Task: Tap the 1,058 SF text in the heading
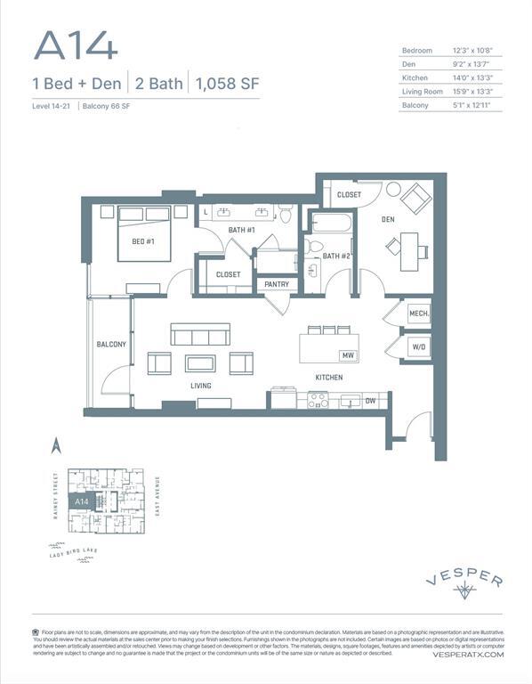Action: coord(226,85)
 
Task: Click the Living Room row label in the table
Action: coord(422,91)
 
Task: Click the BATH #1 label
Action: coord(241,231)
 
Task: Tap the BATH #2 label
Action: coord(336,256)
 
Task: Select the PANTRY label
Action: coord(277,285)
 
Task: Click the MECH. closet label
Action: coord(418,314)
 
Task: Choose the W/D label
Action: coord(418,347)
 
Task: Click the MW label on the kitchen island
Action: coord(348,355)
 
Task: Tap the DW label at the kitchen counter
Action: coord(370,402)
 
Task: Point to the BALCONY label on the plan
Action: coord(111,344)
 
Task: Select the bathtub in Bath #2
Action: coord(332,222)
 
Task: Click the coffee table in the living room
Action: coord(200,363)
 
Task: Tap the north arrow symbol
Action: coord(55,445)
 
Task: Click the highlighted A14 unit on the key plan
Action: coord(83,501)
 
